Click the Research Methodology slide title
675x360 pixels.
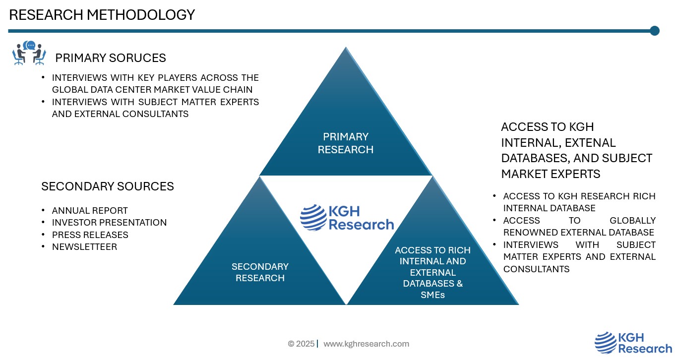[x=102, y=15]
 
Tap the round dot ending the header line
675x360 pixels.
[x=655, y=31]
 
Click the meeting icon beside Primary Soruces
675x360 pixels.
[x=29, y=53]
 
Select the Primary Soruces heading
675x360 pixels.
[x=110, y=58]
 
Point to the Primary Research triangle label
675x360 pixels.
[x=346, y=143]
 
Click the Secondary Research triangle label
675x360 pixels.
[x=260, y=272]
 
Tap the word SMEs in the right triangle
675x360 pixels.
[x=432, y=295]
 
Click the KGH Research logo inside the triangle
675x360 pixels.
[x=347, y=218]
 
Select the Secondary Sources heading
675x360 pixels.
[x=108, y=186]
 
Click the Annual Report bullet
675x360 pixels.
[x=90, y=210]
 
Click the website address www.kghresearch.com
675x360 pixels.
[x=366, y=344]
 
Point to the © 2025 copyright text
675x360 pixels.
[x=301, y=344]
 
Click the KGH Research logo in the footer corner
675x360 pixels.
[x=633, y=343]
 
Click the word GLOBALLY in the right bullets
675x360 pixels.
[x=632, y=221]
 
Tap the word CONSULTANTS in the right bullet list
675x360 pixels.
[x=537, y=269]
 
